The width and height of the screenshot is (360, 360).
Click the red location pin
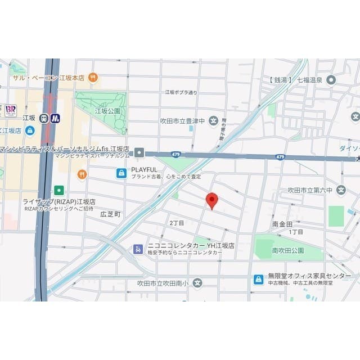pos(211,200)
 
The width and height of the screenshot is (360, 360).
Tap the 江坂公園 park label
pos(108,111)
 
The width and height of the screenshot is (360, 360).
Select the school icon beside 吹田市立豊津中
pos(213,120)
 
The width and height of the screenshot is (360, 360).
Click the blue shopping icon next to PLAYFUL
pos(121,173)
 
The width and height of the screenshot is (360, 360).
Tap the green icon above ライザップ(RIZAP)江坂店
pos(59,190)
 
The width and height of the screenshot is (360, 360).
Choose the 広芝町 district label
pos(111,214)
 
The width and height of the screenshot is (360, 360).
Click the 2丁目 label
pos(177,223)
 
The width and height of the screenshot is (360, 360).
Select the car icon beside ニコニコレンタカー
pos(138,249)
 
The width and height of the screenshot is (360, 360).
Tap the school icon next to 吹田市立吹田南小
pos(197,282)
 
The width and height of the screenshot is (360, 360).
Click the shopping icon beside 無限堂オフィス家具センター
pos(258,280)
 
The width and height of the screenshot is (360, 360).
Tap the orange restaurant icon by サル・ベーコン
pos(93,78)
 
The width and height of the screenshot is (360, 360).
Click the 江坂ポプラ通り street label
pos(181,92)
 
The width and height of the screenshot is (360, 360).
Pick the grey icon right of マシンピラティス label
pos(139,152)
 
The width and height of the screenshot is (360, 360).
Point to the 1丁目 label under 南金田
pos(296,232)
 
